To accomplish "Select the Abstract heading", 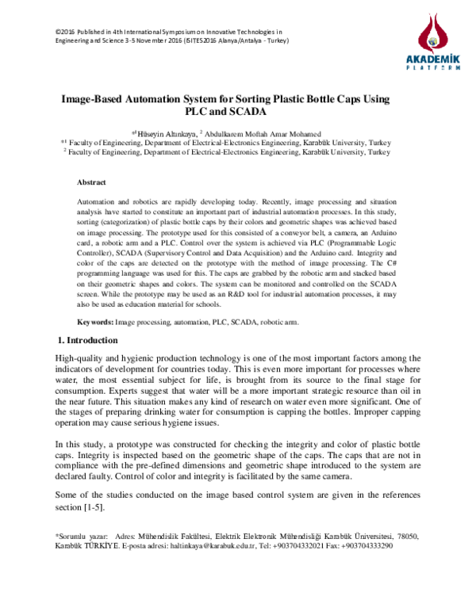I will [91, 182].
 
